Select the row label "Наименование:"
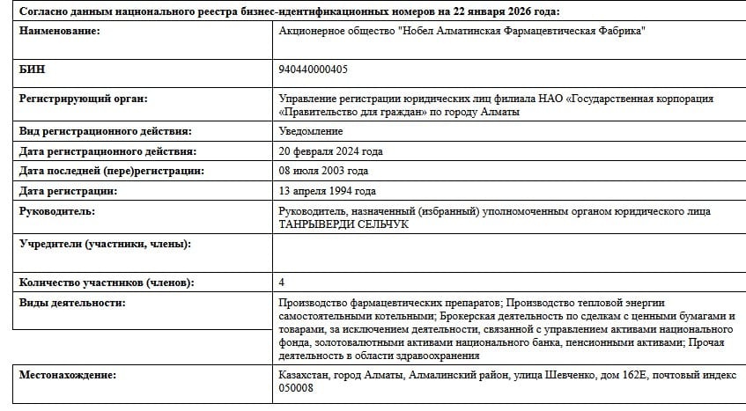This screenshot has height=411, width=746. point(60,32)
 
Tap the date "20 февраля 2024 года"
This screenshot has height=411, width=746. point(330,151)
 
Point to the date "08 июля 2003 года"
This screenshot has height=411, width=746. point(323,171)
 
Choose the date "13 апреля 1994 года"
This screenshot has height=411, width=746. point(327,191)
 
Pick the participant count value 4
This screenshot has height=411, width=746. point(282,283)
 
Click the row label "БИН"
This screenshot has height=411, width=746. point(33,69)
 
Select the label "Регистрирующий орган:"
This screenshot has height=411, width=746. point(84,99)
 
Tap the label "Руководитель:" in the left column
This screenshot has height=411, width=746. point(58,211)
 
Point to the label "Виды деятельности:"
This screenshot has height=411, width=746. point(72,303)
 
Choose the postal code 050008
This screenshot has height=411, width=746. point(296,388)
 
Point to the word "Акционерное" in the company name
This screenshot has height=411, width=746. point(313,32)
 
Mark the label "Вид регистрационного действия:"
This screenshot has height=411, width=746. point(105,132)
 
